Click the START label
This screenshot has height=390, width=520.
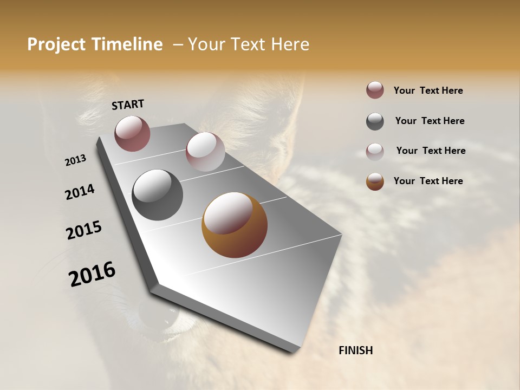click(x=128, y=105)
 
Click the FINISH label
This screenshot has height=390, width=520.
click(x=355, y=350)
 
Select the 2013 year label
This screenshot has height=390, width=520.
click(x=75, y=160)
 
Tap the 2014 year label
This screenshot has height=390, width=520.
click(x=80, y=192)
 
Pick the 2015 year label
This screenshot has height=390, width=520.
click(x=84, y=230)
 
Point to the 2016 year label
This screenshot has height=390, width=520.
click(x=92, y=274)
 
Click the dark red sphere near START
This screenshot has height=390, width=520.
click(x=132, y=133)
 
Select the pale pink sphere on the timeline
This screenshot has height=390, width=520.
click(x=205, y=152)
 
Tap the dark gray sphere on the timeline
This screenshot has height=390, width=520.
click(x=157, y=195)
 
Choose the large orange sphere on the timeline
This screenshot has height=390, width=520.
click(x=234, y=225)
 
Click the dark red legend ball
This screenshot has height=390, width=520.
click(x=375, y=90)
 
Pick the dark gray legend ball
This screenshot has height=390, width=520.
click(x=375, y=121)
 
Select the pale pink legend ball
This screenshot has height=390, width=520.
click(x=375, y=152)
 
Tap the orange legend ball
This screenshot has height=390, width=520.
click(x=375, y=181)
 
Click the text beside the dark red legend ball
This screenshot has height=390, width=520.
click(x=428, y=90)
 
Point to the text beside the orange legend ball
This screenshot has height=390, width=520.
click(x=428, y=181)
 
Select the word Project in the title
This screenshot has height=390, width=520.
click(x=57, y=44)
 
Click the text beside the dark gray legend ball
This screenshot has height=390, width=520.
click(x=430, y=121)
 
